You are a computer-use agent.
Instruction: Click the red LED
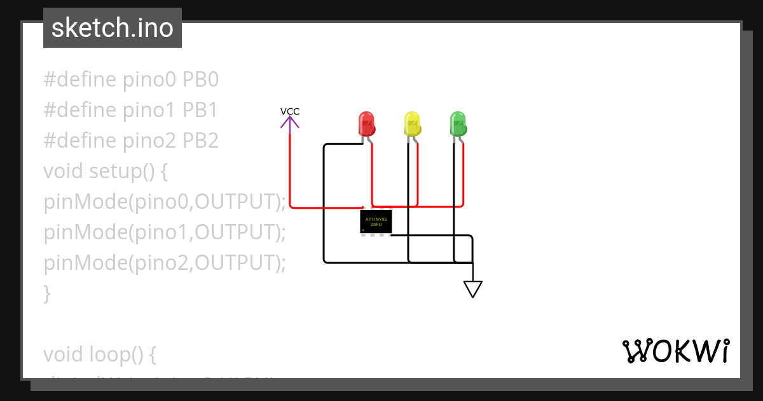coord(366,123)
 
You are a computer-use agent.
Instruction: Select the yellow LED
coord(412,123)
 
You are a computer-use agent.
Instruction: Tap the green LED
coord(458,123)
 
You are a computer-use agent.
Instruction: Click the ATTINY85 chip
coord(376,222)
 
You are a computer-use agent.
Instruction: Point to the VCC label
coord(290,111)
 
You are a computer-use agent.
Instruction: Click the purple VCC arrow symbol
coord(290,123)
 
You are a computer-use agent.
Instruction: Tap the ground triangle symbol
coord(472,289)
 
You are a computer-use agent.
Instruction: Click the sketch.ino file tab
coord(113,28)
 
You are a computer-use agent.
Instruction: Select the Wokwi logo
coord(676,351)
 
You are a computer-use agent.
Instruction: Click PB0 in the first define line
coord(201,80)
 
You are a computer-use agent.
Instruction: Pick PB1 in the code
coord(200,110)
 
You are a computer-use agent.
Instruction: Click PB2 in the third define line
coord(201,141)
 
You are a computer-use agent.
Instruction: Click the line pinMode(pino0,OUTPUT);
coord(165,202)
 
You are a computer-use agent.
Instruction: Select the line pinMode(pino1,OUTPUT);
coord(165,232)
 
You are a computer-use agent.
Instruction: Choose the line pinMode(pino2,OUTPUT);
coord(165,263)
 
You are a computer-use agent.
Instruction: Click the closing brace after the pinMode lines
coord(47,293)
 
